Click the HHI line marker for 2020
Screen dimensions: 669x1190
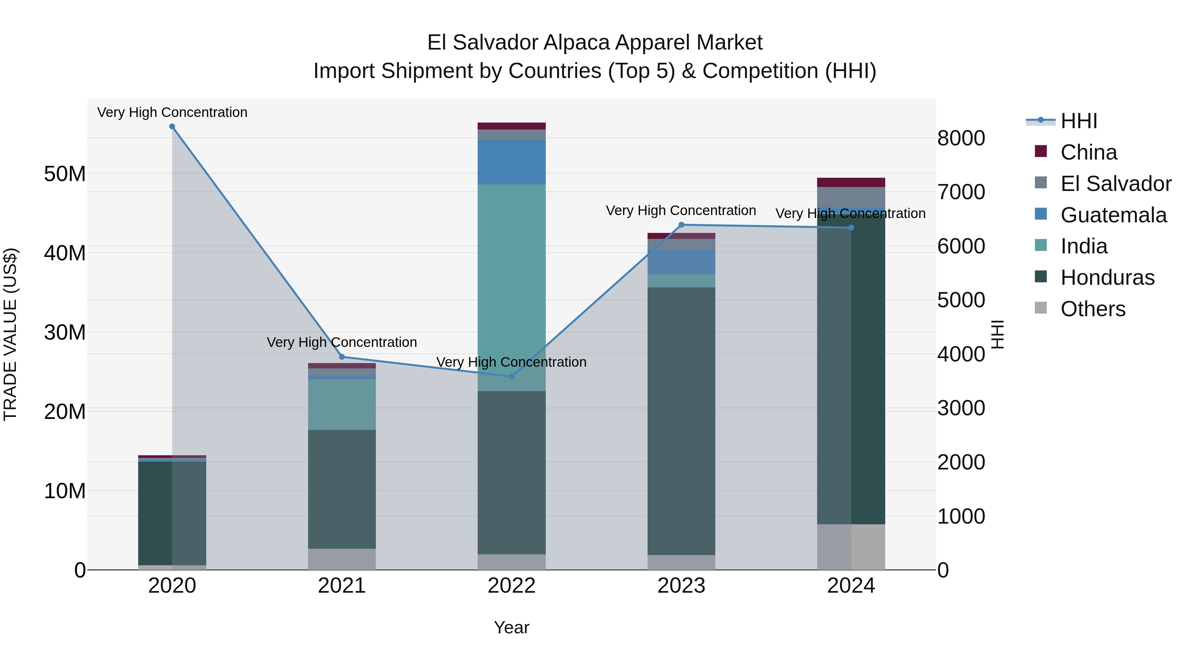[x=172, y=127]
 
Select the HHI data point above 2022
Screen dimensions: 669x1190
[x=511, y=377]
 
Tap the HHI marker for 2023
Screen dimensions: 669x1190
[x=681, y=225]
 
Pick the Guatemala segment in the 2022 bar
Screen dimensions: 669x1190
[x=511, y=162]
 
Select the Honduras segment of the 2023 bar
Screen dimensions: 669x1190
[x=681, y=420]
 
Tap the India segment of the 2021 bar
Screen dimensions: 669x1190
[x=342, y=404]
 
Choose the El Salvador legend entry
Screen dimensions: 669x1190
[x=1115, y=184]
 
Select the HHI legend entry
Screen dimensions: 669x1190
[x=1078, y=121]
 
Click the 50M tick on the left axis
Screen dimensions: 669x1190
[x=65, y=174]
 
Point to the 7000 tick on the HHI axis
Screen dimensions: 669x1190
[x=961, y=192]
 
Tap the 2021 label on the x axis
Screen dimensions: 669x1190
[x=342, y=586]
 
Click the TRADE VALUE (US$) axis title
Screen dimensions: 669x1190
[x=10, y=334]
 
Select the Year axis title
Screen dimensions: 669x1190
[x=511, y=627]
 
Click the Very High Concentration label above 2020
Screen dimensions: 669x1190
[x=172, y=112]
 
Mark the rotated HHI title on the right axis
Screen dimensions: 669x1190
[x=998, y=334]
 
